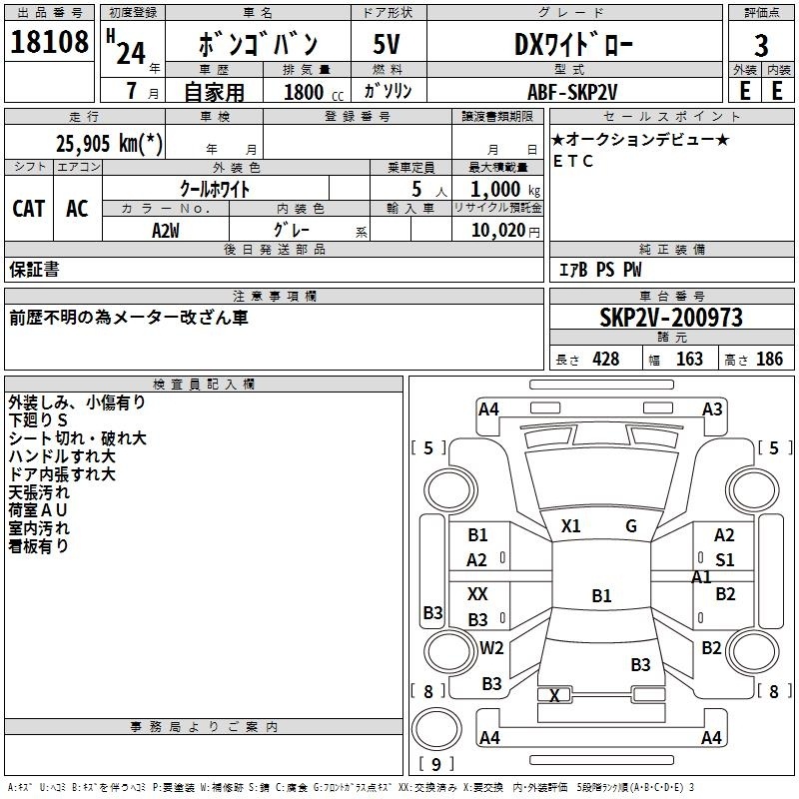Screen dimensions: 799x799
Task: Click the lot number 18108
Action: click(x=50, y=45)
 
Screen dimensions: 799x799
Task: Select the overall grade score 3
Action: click(x=761, y=46)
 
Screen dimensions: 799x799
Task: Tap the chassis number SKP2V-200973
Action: click(x=671, y=319)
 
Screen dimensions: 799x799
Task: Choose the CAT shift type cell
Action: click(x=28, y=209)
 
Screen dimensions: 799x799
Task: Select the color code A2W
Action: click(x=166, y=230)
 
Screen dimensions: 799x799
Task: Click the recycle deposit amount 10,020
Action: click(x=496, y=230)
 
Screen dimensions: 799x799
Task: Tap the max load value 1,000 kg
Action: click(x=496, y=190)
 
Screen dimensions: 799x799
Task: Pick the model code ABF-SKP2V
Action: click(x=573, y=92)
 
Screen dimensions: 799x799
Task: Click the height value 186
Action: click(x=769, y=360)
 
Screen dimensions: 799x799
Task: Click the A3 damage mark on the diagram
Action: click(x=712, y=408)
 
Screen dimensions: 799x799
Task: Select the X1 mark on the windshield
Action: click(x=571, y=526)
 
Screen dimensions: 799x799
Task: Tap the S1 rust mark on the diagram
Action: click(x=724, y=560)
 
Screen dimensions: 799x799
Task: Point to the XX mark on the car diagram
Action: click(x=478, y=593)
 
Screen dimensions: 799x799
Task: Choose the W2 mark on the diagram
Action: click(x=491, y=648)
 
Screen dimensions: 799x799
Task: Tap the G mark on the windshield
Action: click(x=631, y=526)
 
